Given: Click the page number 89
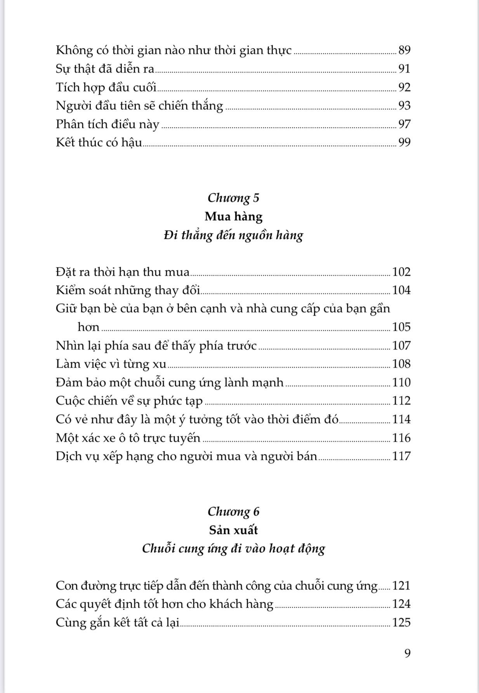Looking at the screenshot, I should [404, 50].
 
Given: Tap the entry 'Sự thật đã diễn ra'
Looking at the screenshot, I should [105, 69].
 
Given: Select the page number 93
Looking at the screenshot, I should [404, 105].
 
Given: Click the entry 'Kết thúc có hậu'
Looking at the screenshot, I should [99, 142].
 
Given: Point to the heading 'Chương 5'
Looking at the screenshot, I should [233, 198].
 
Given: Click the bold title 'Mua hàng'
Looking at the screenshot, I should [233, 216].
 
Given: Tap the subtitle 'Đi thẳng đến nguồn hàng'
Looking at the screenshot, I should [233, 235].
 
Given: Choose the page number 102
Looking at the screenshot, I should [401, 272].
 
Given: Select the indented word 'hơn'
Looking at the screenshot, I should [89, 327].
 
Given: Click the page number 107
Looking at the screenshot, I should [401, 346].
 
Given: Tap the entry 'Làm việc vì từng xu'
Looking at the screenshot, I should [111, 364].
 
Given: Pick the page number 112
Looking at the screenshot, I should [401, 401].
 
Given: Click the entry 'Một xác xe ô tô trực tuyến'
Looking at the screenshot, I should [128, 438].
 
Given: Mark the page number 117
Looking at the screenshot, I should [401, 456].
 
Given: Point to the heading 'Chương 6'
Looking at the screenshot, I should [233, 512].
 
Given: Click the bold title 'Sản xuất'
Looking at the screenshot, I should [233, 530].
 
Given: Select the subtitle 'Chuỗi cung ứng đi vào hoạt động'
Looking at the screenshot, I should [233, 548].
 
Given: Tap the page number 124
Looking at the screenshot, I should [401, 604].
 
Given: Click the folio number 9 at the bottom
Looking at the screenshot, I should [407, 653].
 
